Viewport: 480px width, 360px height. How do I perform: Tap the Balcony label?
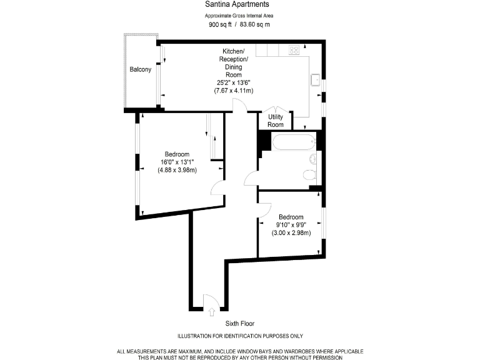click(x=140, y=69)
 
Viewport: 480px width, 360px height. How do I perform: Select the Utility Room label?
click(x=276, y=121)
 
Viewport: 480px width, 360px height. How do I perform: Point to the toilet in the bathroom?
click(x=309, y=174)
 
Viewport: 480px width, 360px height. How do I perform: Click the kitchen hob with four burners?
click(x=293, y=50)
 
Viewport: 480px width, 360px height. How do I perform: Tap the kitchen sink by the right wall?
click(x=316, y=79)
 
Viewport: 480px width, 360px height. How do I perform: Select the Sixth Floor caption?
click(x=240, y=324)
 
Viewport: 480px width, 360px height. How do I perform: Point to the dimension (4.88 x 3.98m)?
click(x=177, y=169)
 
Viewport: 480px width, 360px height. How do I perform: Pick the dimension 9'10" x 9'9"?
click(x=291, y=225)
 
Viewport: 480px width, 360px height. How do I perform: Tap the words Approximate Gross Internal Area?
click(x=240, y=15)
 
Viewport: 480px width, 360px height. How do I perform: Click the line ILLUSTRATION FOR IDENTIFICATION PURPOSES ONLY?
click(x=240, y=336)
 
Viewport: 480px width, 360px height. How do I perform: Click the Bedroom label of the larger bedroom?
click(x=177, y=154)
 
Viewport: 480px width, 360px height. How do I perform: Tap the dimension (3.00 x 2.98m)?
click(x=291, y=233)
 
